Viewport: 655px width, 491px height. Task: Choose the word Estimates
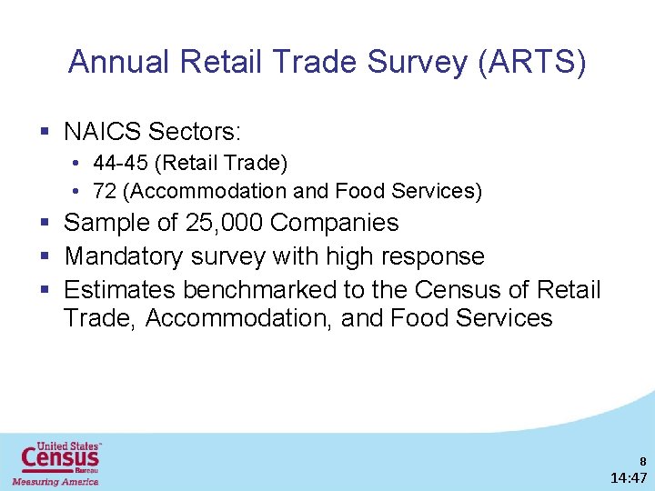click(121, 290)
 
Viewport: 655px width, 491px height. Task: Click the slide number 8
click(642, 460)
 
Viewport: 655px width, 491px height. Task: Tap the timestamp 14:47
click(629, 477)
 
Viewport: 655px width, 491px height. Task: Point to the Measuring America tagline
click(55, 481)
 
